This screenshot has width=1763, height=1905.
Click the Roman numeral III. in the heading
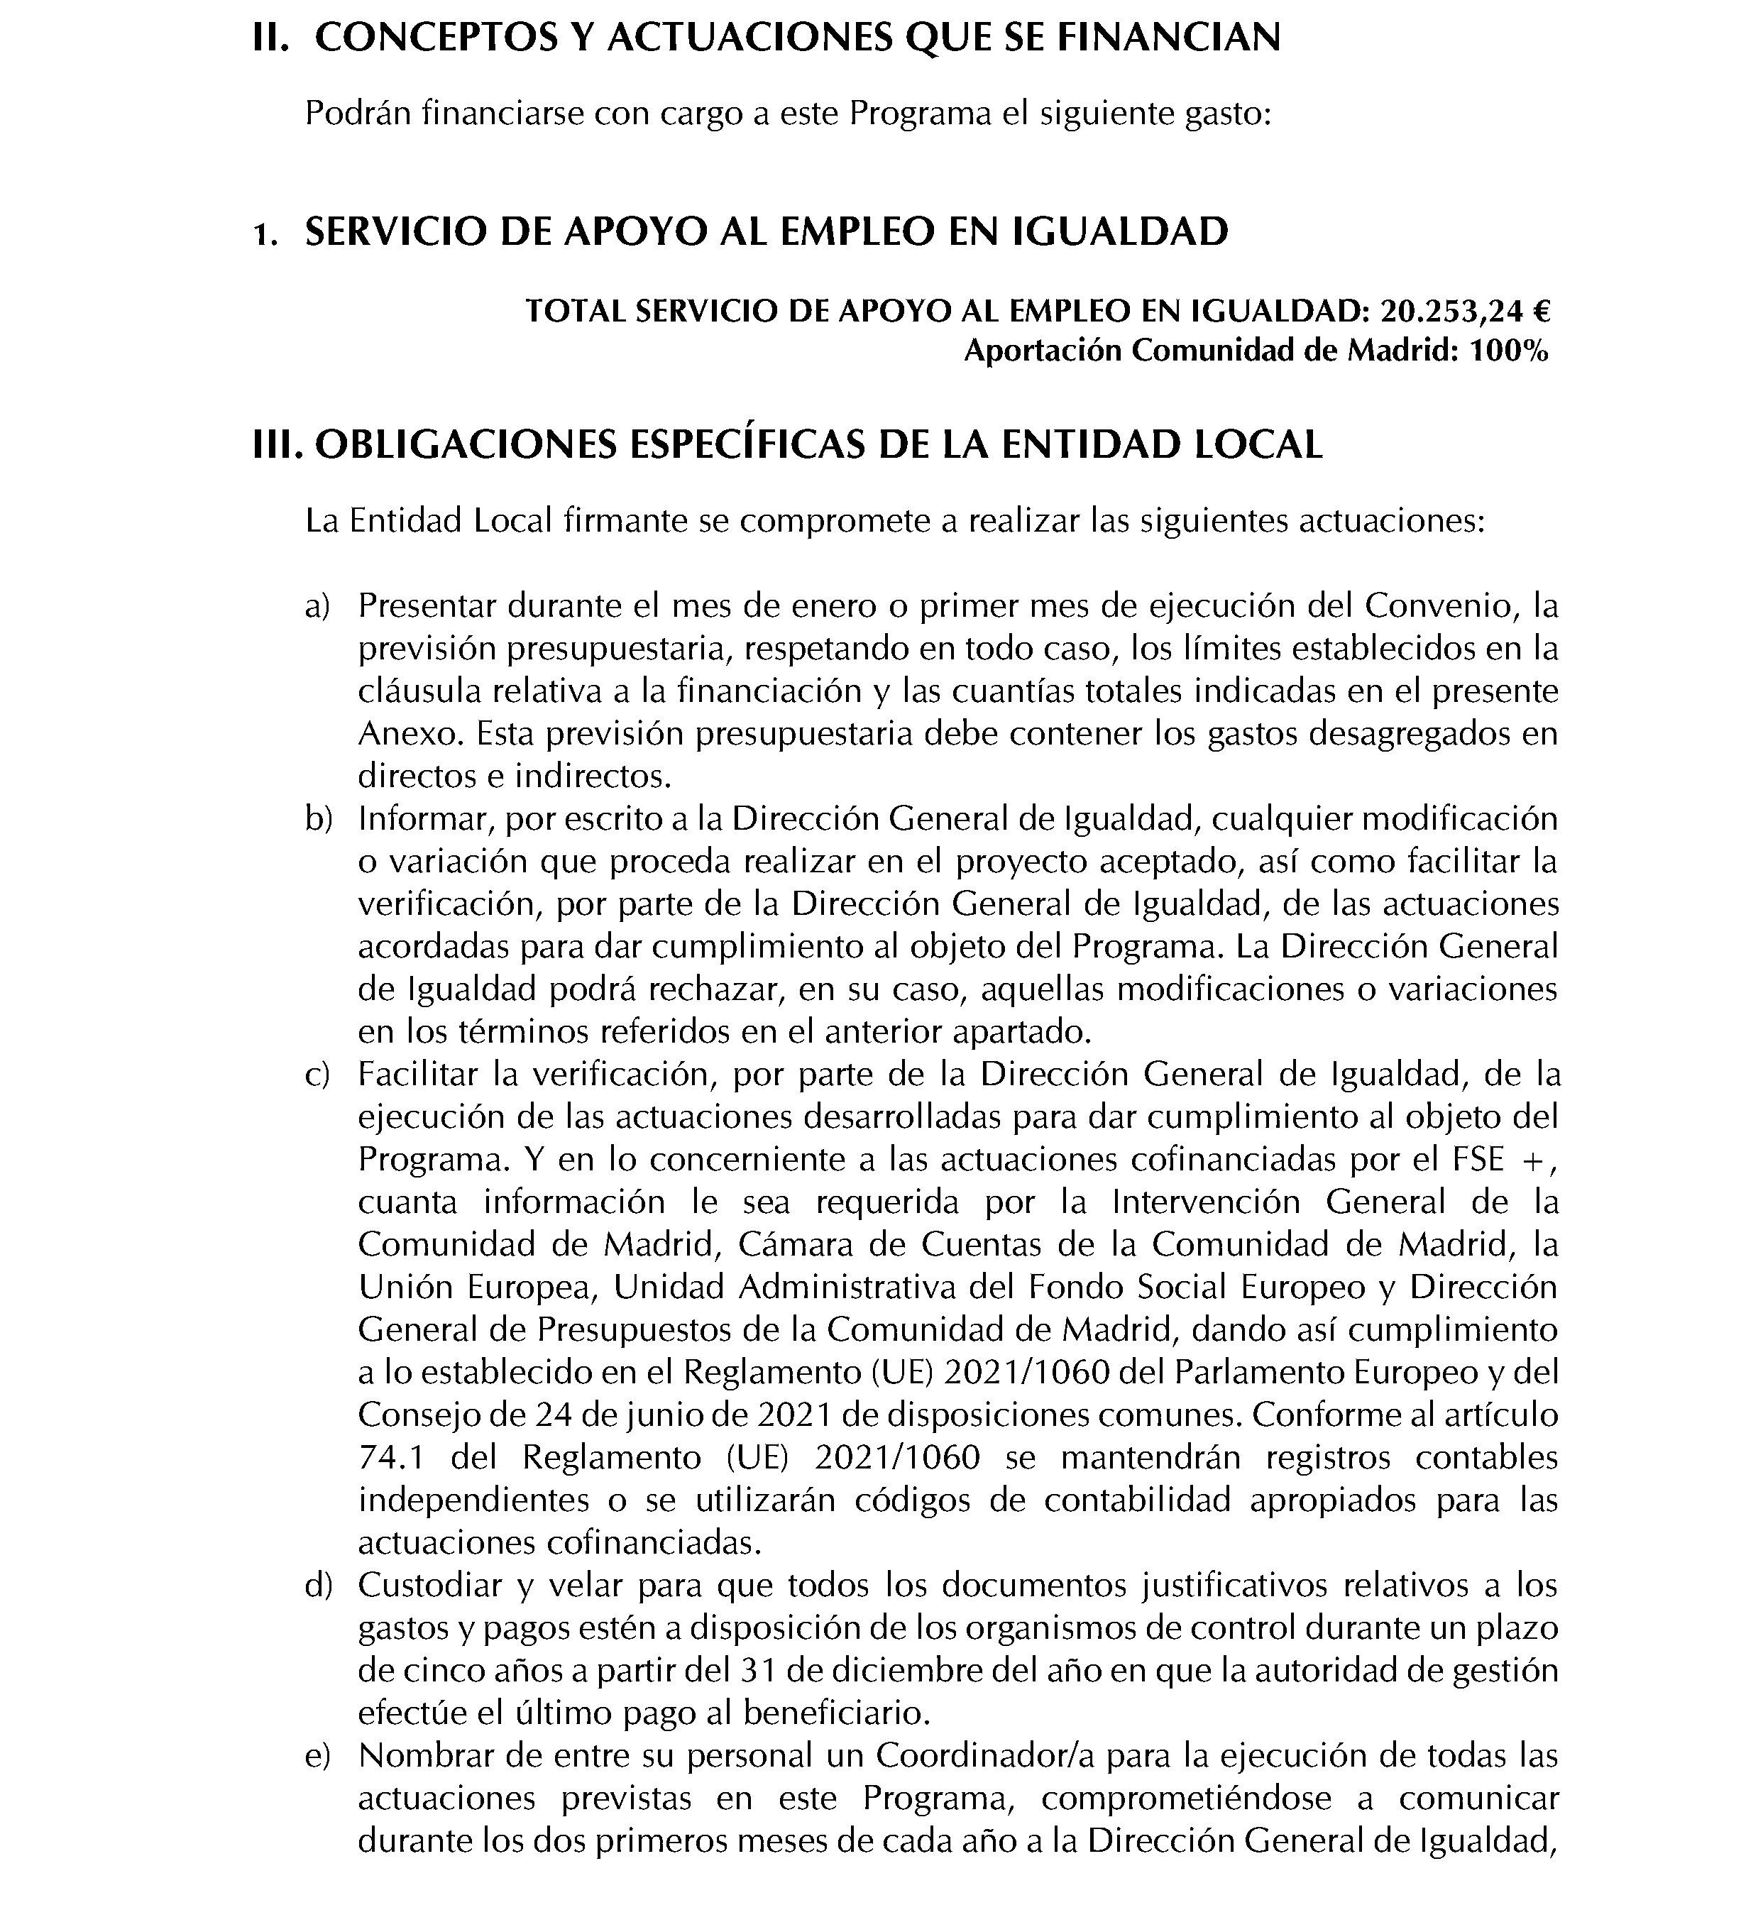tap(278, 446)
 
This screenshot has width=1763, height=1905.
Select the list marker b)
tap(318, 820)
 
